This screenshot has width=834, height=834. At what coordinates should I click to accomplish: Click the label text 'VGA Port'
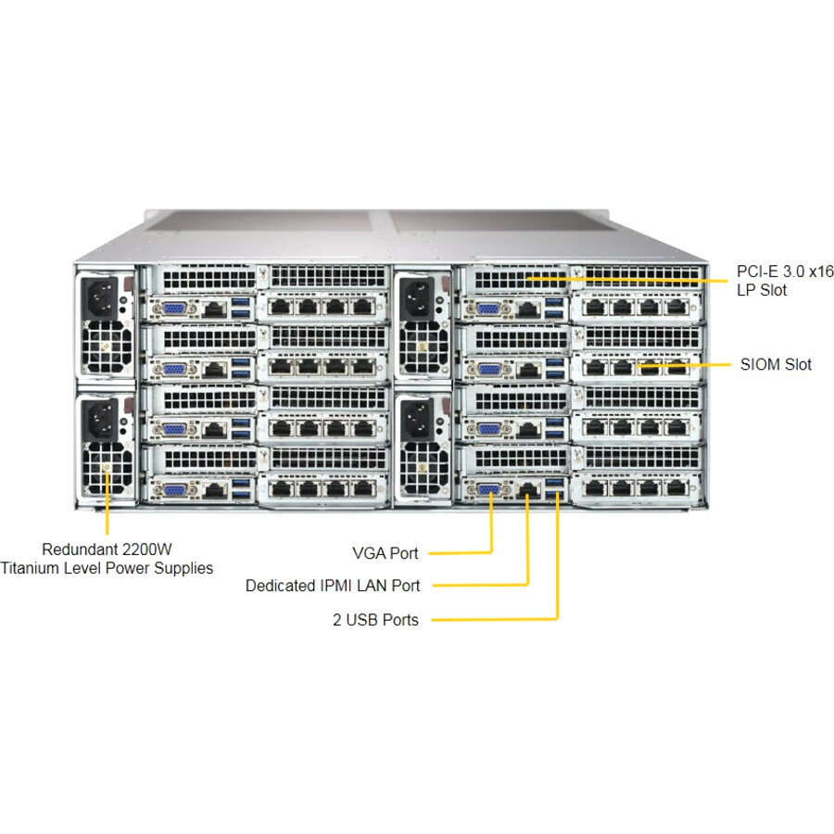point(385,553)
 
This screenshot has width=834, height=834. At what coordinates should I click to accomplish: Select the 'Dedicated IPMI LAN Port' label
point(332,586)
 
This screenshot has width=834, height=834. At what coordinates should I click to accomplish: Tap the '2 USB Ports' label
point(375,620)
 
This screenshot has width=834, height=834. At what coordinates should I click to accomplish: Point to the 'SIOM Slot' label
point(776,364)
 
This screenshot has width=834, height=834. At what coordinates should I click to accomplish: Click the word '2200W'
point(145,549)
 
